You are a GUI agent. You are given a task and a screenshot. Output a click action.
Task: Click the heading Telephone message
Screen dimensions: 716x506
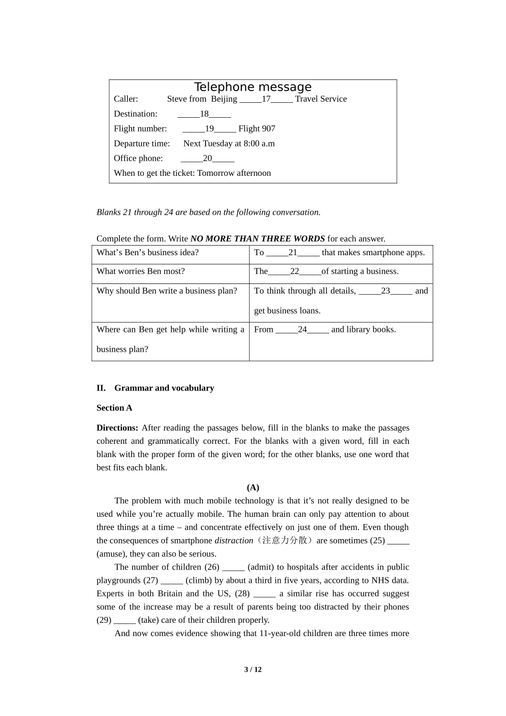coord(252,87)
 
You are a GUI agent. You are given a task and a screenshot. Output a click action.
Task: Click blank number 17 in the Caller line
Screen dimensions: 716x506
coord(266,99)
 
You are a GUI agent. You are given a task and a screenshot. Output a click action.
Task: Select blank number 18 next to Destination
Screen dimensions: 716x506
coord(204,114)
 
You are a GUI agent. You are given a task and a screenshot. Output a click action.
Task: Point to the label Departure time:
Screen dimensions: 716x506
coord(142,144)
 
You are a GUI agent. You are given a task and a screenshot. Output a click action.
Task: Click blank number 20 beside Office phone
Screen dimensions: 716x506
coord(207,159)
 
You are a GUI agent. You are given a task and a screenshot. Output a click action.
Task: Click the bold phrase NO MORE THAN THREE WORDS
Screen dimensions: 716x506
coord(257,239)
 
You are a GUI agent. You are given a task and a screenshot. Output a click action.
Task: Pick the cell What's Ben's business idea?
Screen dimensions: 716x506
coord(148,253)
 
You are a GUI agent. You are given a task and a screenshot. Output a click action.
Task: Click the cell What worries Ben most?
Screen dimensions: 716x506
coord(141,271)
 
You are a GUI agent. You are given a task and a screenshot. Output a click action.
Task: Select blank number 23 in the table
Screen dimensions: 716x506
coord(386,291)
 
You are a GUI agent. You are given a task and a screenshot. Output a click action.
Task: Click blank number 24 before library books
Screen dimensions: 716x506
coord(302,330)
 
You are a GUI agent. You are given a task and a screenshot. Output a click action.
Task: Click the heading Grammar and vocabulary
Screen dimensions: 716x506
coord(164,388)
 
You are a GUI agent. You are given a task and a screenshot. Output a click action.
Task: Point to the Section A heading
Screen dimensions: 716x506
coord(114,408)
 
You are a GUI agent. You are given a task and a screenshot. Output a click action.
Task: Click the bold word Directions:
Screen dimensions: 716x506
coord(117,428)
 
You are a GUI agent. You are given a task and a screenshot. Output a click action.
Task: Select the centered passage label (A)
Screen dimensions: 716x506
coord(253,487)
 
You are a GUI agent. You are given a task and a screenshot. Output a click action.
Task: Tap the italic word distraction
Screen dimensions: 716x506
coord(234,541)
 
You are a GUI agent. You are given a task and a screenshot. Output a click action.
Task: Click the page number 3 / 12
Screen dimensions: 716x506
coord(253,670)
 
